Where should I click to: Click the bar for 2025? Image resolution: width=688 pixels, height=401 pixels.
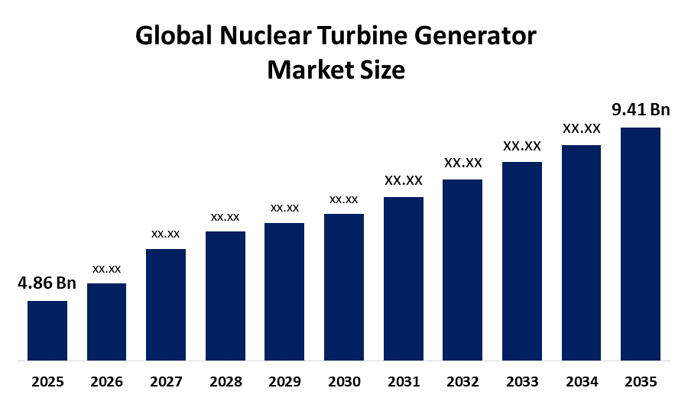click(47, 330)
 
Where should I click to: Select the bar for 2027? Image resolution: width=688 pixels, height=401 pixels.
click(166, 304)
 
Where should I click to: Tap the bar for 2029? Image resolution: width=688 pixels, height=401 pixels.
click(284, 291)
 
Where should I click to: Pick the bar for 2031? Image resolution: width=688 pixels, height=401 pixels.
click(404, 278)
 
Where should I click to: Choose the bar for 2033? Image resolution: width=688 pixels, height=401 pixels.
click(522, 260)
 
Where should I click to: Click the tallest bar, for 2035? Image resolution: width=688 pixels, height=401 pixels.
click(641, 243)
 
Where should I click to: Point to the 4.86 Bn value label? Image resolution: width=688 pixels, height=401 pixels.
click(47, 283)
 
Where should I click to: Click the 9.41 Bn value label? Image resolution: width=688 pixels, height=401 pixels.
click(641, 110)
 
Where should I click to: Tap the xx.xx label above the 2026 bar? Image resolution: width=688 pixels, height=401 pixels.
click(107, 269)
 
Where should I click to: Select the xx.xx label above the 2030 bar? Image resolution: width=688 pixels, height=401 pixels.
click(344, 199)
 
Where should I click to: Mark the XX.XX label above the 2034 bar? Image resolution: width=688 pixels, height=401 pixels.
click(582, 128)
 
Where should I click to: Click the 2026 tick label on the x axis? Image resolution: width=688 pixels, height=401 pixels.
click(107, 381)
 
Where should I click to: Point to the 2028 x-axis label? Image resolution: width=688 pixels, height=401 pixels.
click(226, 381)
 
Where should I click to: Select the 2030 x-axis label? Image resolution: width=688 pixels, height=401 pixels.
click(344, 381)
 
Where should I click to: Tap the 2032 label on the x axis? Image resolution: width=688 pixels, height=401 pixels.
click(462, 381)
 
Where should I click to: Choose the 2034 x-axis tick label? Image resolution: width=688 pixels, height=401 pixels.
click(582, 381)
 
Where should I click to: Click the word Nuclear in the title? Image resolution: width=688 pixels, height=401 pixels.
click(255, 36)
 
